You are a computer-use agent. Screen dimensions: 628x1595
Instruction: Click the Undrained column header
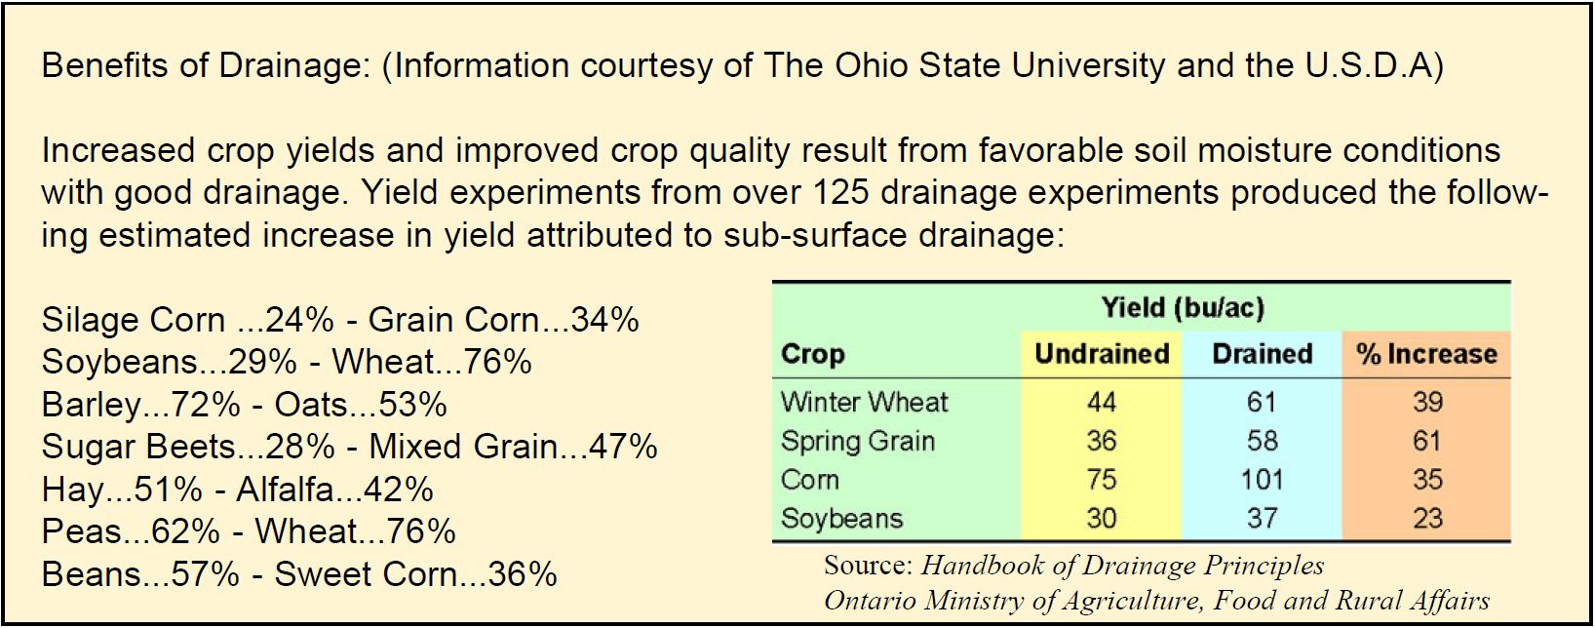coord(1101,353)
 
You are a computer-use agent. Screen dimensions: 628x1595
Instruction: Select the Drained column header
coord(1262,353)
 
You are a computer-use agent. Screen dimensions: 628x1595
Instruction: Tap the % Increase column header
coord(1426,353)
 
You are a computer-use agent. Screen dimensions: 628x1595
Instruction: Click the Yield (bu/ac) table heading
coord(1182,308)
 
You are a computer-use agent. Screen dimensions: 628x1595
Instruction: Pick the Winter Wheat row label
coord(864,402)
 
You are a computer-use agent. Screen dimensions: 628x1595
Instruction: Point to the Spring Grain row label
coord(857,441)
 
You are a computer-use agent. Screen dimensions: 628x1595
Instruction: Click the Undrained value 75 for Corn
coord(1101,480)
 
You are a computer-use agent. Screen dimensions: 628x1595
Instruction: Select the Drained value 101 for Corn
coord(1262,480)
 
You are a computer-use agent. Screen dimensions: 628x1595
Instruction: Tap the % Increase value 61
coord(1426,441)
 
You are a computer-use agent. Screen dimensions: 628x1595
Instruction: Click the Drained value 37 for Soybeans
coord(1262,518)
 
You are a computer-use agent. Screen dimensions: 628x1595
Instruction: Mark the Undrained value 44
coord(1101,402)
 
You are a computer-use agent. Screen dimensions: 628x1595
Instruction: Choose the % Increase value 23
coord(1426,518)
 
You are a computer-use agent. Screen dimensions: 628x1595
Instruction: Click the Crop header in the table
coord(812,353)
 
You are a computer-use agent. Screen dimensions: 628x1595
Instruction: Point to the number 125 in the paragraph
coord(837,193)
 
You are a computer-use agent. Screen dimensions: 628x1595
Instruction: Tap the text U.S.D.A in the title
coord(1365,65)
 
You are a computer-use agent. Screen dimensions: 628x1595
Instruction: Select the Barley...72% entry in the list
coord(130,404)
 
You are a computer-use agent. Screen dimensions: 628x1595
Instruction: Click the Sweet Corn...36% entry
coord(415,573)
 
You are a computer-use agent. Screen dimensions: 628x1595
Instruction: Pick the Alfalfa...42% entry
coord(334,489)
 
